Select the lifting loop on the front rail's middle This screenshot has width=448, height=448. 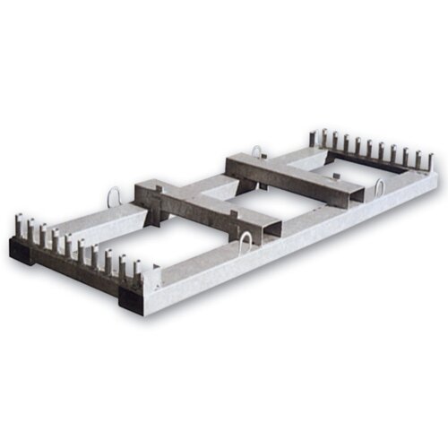pyautogui.click(x=247, y=242)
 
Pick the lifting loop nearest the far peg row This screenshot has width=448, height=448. pyautogui.click(x=379, y=189)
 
